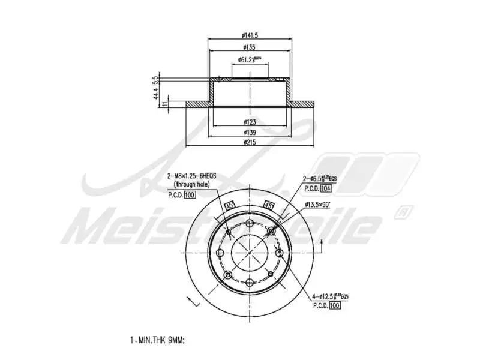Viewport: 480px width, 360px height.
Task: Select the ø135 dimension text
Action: [249, 47]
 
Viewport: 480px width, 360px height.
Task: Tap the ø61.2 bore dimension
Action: [249, 59]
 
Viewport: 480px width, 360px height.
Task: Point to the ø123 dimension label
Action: [250, 122]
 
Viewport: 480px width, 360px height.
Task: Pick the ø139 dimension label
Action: [250, 132]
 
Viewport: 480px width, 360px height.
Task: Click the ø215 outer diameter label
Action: [250, 142]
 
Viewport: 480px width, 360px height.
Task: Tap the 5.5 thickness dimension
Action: [155, 79]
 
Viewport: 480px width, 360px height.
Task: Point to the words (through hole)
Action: [192, 185]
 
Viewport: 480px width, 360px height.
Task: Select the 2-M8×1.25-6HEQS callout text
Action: [191, 176]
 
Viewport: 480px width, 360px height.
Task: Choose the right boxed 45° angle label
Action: [269, 205]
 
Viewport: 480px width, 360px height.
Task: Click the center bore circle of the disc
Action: [249, 251]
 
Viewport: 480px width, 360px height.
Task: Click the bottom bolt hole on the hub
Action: [249, 282]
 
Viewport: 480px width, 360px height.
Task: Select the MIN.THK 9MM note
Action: [157, 340]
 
